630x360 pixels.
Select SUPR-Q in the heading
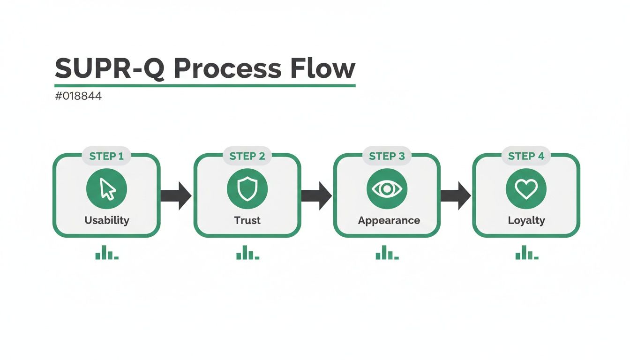110,69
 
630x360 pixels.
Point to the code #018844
78,97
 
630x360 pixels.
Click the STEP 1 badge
106,156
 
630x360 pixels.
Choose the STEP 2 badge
247,156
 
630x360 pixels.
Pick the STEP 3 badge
387,156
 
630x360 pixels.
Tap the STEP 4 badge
526,156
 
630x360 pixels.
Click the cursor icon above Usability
107,189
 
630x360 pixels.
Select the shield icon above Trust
247,189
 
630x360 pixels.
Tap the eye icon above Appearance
387,189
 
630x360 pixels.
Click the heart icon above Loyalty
526,189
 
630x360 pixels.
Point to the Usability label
107,220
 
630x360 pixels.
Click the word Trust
247,220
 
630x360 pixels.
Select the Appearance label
389,220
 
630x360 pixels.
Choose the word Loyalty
526,220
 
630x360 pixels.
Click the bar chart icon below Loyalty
527,254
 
